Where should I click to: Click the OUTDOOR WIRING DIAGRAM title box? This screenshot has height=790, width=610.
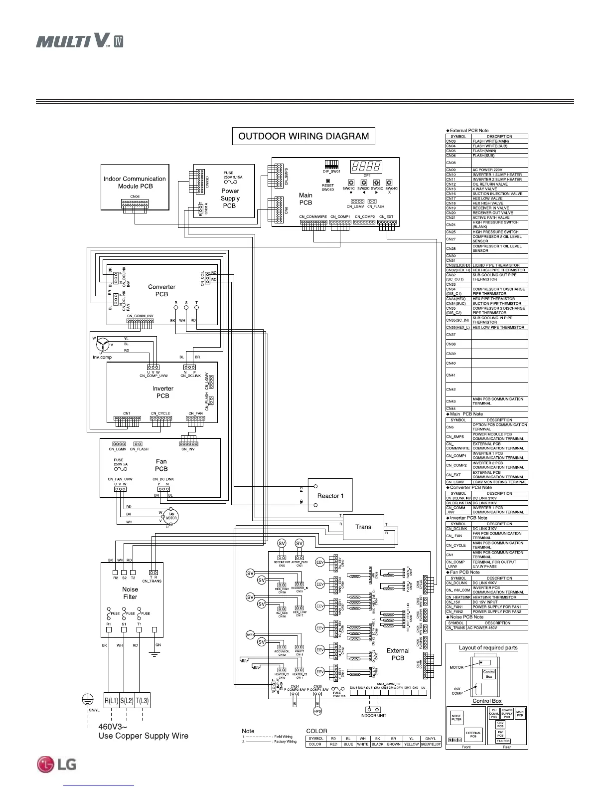304,136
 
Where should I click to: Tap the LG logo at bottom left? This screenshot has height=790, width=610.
56,764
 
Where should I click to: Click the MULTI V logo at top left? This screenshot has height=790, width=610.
79,40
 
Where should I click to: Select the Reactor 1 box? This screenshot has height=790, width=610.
330,496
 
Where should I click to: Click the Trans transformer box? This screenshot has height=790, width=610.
363,527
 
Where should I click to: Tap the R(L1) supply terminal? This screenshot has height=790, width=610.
112,701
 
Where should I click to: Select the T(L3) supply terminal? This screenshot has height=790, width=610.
142,701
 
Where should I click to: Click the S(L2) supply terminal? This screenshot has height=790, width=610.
127,701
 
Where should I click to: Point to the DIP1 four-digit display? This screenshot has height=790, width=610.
366,166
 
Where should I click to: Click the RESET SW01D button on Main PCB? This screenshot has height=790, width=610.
327,182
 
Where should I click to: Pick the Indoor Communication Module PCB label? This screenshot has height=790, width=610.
135,183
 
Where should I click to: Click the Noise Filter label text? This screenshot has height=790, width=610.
130,592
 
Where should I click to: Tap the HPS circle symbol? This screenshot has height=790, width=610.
317,711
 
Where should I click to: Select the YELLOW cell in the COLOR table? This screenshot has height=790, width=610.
411,744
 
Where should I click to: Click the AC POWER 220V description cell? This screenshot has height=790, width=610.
499,170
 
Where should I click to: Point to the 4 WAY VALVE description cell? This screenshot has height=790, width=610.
499,189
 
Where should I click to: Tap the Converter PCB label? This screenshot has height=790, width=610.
162,290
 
